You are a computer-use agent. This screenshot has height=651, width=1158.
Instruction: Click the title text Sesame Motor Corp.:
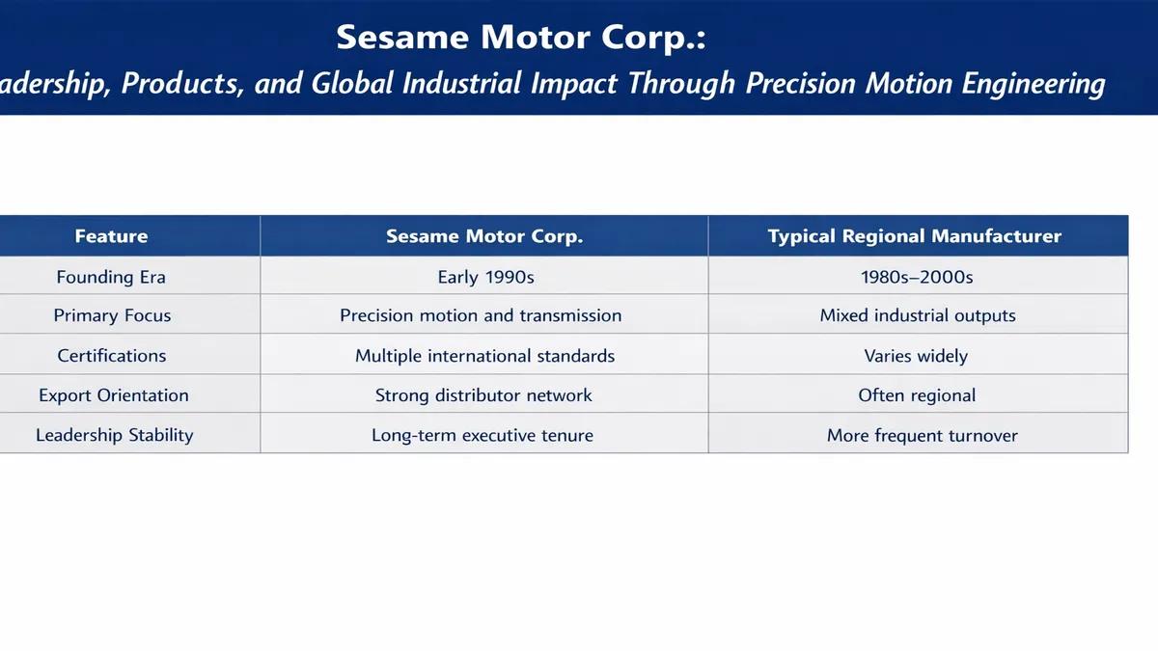521,38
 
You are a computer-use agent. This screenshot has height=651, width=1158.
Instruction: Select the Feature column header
111,236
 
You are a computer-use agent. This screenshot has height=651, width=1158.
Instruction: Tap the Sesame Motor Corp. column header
484,236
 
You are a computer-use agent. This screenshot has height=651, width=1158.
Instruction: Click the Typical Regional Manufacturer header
915,236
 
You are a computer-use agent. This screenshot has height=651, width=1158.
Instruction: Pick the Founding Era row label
111,277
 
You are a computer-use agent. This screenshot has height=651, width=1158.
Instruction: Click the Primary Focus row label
112,315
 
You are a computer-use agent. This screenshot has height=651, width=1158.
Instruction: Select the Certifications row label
112,356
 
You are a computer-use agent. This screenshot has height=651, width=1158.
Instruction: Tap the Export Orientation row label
114,395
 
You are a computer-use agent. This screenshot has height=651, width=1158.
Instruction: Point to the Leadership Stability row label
115,435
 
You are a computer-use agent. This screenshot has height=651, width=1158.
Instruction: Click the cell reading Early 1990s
485,277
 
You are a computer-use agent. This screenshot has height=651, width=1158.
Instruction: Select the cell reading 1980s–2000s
917,277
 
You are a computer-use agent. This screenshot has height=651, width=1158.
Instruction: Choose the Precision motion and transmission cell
481,315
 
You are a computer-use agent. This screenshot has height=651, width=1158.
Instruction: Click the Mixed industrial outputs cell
918,315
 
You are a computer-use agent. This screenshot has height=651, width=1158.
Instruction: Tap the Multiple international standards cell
484,356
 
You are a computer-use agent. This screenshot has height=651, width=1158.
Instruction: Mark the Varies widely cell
916,356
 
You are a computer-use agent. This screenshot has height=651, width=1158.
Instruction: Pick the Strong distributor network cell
483,395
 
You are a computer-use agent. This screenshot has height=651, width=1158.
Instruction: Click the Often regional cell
917,395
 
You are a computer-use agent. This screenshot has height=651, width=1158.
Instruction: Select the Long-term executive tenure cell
482,435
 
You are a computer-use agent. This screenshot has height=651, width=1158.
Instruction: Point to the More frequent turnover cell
922,435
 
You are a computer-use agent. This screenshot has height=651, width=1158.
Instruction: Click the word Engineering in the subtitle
1033,84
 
